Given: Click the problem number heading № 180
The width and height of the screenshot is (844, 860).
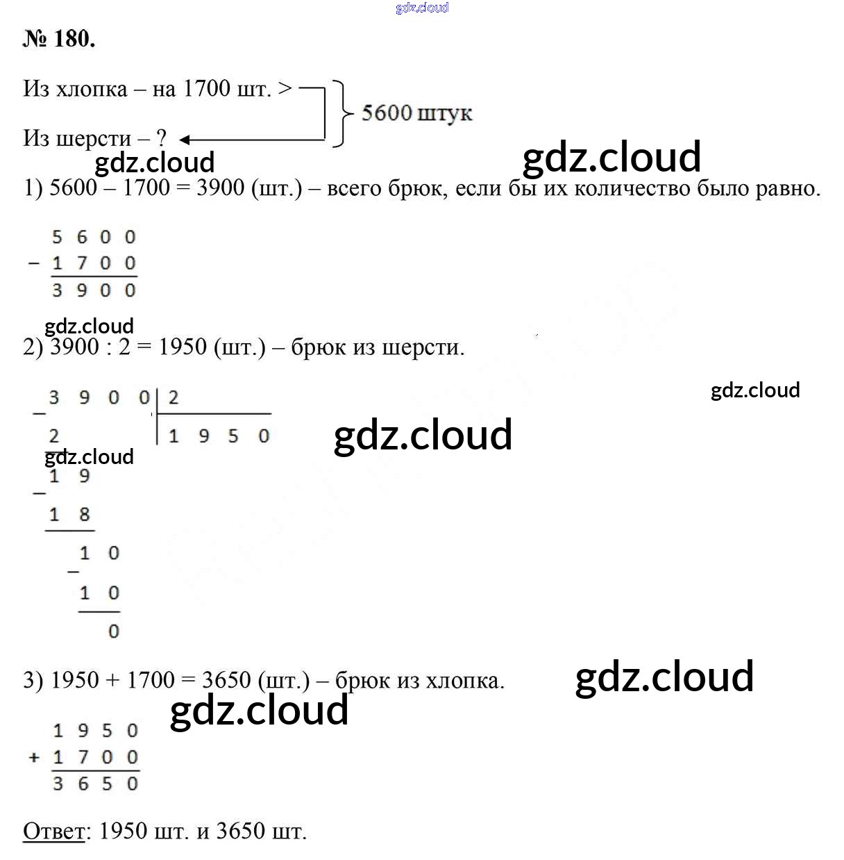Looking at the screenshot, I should point(59,39).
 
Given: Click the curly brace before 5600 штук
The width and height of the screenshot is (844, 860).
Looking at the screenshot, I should point(340,113).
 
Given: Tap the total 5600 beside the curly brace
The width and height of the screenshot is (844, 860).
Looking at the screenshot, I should point(387,113).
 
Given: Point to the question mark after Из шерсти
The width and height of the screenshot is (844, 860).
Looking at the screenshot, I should point(162,138).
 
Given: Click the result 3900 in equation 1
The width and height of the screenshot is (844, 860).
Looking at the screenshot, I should point(220,188).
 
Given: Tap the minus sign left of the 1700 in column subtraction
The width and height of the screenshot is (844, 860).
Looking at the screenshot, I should point(33,264).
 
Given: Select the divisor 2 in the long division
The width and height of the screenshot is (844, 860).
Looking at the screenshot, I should point(173,398).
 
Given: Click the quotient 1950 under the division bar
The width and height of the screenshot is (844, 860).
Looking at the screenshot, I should point(218,436).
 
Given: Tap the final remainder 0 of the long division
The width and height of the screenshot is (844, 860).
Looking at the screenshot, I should point(114,631).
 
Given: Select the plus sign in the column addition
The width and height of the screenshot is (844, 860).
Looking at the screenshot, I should point(34,757).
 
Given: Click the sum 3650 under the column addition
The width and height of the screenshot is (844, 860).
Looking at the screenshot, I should point(96,784).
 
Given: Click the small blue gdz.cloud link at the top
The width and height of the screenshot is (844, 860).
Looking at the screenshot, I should point(422,8).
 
